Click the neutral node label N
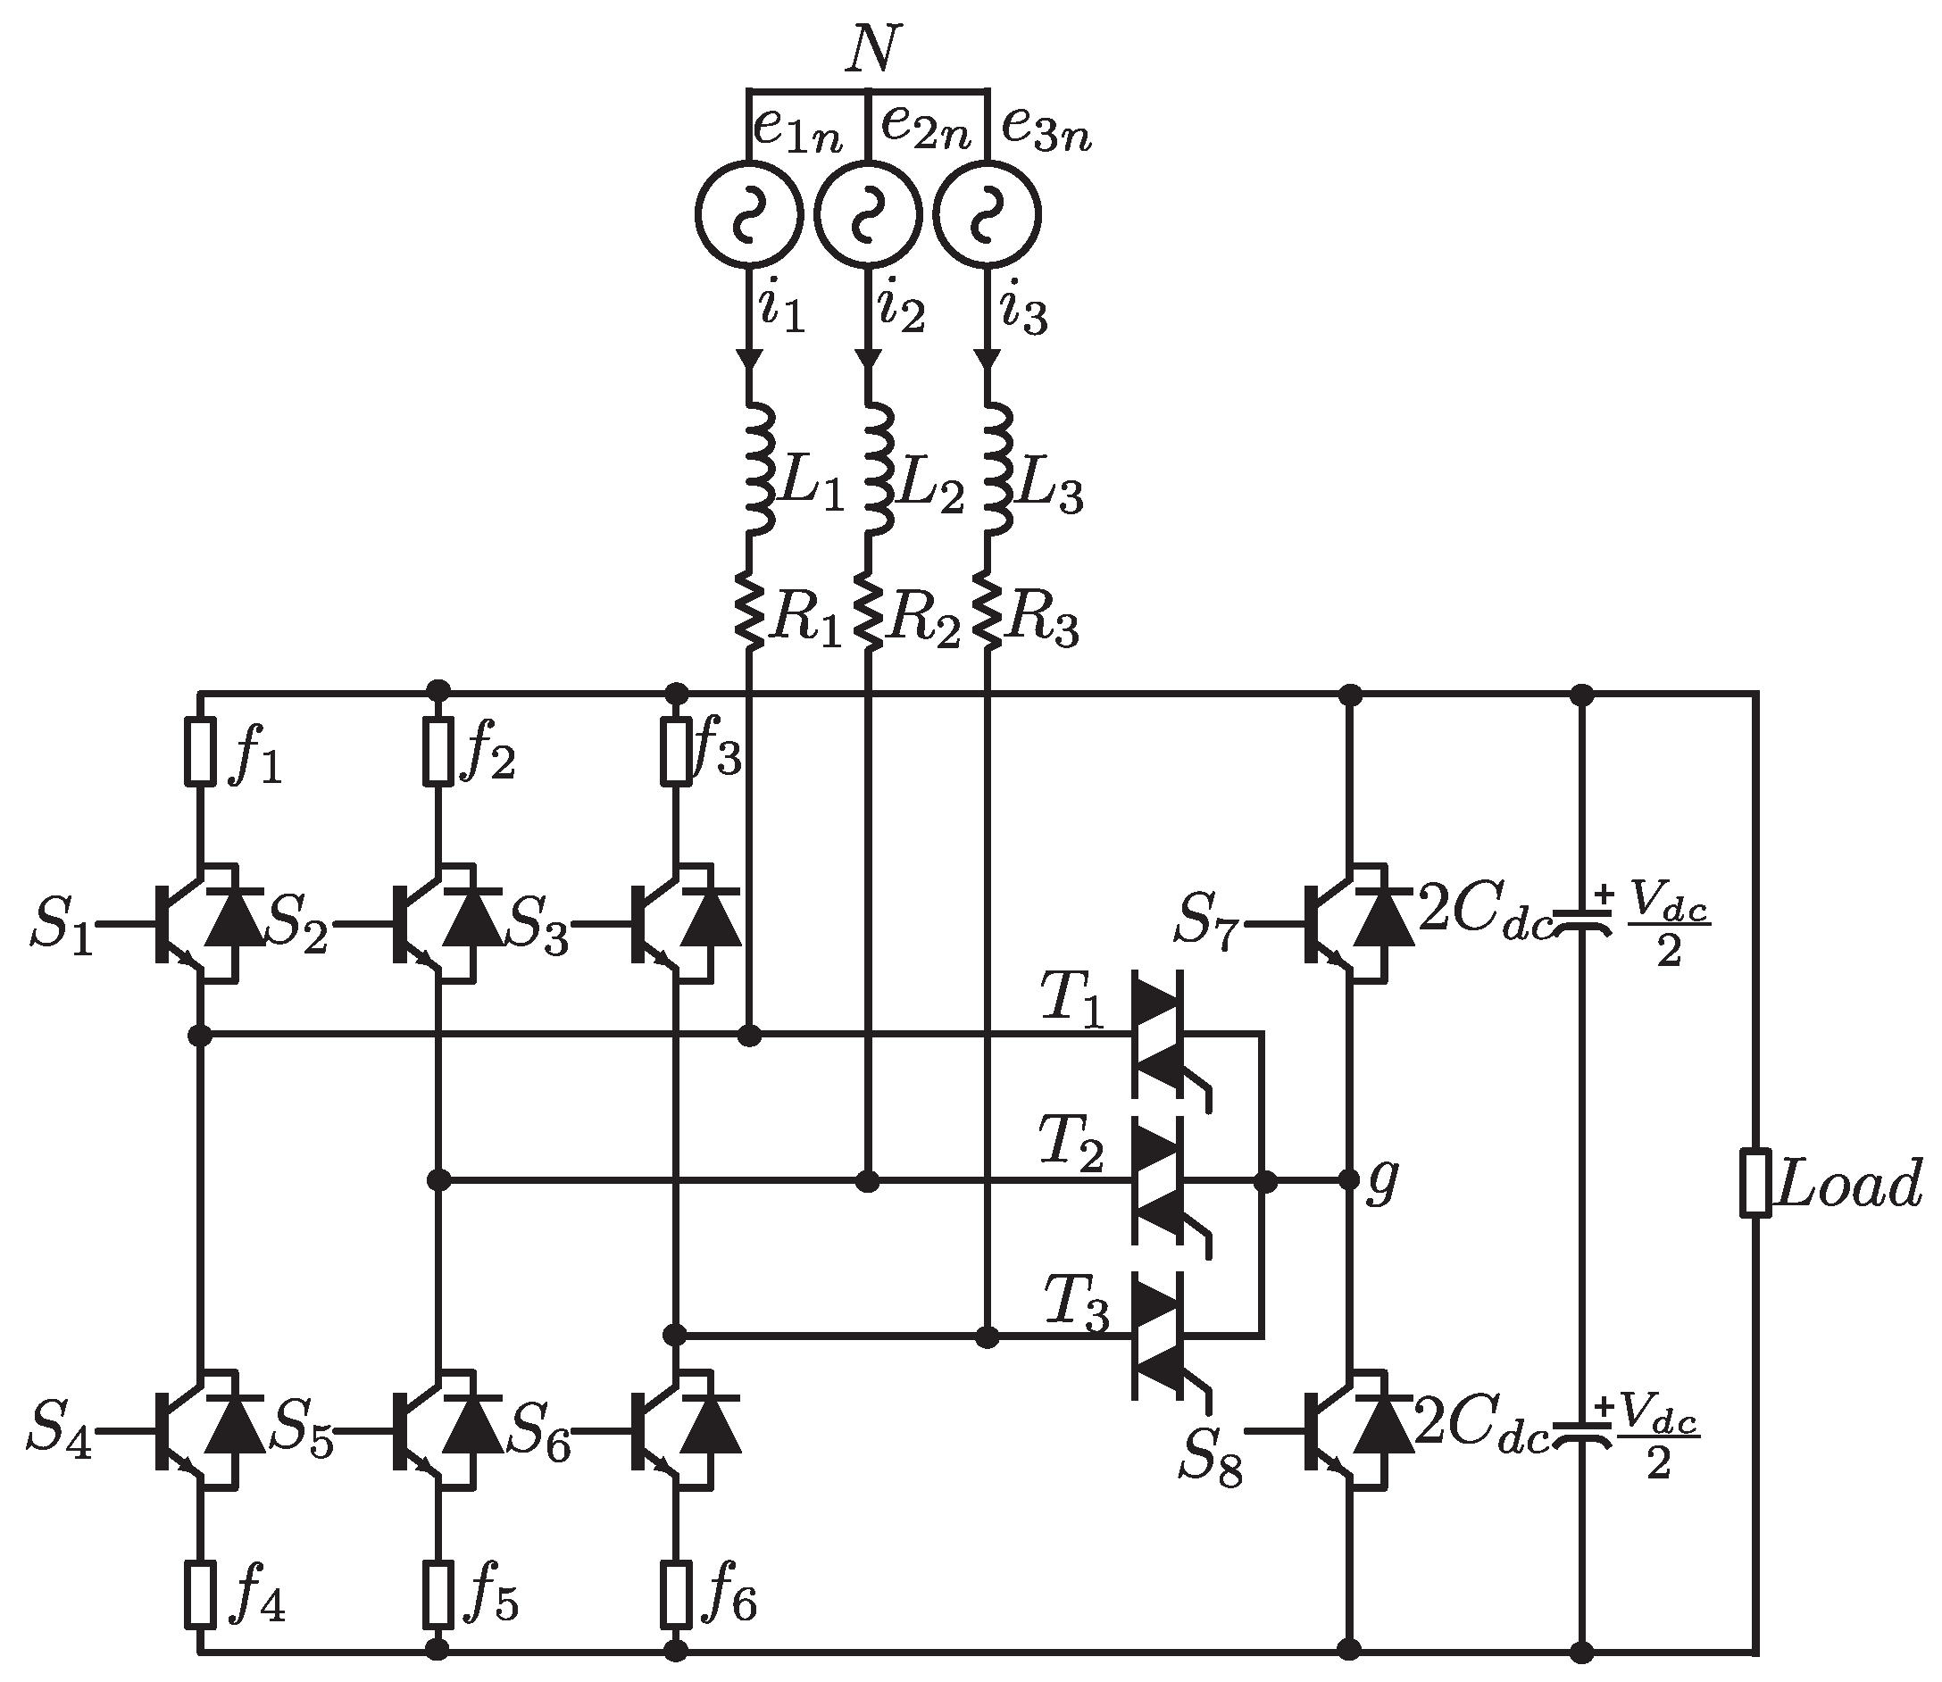coord(871,51)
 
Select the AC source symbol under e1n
coord(749,215)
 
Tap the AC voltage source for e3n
coord(988,215)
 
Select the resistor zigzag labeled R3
coord(986,611)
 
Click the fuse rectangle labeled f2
coord(438,751)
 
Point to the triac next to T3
coord(1156,1334)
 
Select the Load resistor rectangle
coord(1755,1183)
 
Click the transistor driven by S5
coord(425,1431)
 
